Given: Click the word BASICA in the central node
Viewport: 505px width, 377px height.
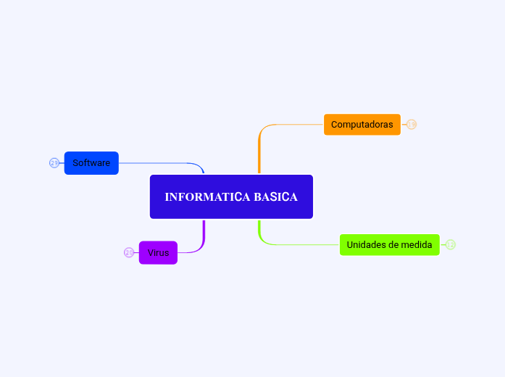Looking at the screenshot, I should [275, 197].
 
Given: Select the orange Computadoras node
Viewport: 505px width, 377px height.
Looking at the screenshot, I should [362, 125].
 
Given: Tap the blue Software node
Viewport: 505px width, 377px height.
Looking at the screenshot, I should [91, 163].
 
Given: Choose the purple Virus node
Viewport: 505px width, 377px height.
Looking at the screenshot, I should [158, 253].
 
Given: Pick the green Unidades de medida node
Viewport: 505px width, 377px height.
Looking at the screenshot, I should [389, 245].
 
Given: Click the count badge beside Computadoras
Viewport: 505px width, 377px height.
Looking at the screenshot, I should [412, 125].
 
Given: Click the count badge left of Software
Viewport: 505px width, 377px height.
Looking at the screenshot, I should [54, 163].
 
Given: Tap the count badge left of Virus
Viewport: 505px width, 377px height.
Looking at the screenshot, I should [129, 253].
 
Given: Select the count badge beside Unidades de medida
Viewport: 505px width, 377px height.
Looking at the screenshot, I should [451, 245].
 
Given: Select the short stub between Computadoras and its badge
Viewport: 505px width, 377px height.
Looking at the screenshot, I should [404, 125].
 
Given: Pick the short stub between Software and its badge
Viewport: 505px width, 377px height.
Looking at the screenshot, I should [62, 163].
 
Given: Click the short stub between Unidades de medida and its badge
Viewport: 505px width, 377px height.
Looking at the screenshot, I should [443, 245].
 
